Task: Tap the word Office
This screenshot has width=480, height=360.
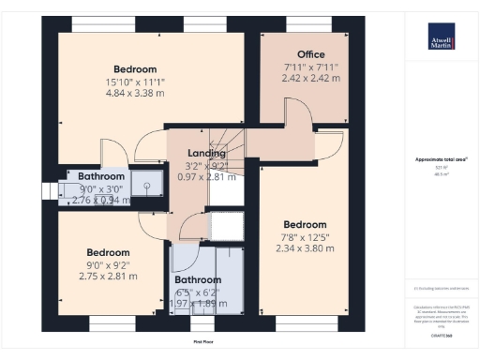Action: [x=311, y=54]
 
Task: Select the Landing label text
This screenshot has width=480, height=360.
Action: [x=205, y=153]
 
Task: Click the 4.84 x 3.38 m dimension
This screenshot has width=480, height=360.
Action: [x=135, y=94]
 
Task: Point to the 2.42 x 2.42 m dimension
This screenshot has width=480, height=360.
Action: [x=311, y=78]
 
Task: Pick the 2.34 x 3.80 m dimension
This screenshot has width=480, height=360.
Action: [x=306, y=248]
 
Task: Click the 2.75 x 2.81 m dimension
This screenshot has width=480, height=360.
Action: [x=108, y=277]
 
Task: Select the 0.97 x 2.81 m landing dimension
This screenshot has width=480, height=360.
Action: [x=205, y=176]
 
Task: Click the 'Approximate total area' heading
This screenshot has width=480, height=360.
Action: [x=441, y=160]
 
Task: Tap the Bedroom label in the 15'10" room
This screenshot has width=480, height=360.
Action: [x=135, y=69]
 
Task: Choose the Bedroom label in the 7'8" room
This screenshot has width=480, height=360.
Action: [x=306, y=225]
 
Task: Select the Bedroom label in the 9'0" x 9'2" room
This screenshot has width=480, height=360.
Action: [x=108, y=252]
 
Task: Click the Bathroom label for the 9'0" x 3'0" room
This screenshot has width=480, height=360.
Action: [x=100, y=176]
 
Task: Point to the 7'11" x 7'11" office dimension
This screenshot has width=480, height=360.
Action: [x=311, y=67]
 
